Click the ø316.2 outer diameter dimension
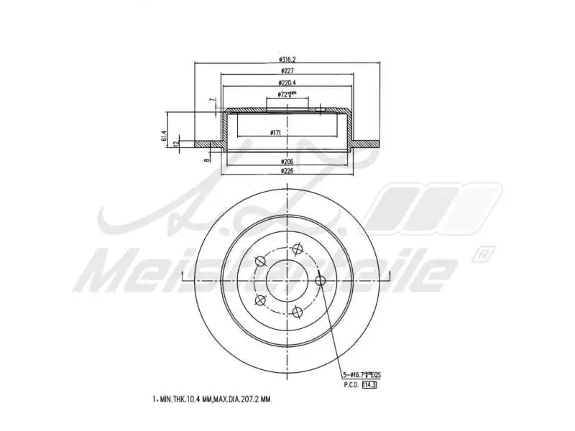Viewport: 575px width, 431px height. click(x=287, y=59)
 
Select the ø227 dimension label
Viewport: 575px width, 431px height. click(x=287, y=71)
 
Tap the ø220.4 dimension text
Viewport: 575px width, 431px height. click(x=287, y=83)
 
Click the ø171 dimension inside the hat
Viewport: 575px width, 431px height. click(x=275, y=134)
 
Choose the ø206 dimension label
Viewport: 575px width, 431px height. click(x=287, y=162)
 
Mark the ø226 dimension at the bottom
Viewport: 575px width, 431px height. click(x=287, y=171)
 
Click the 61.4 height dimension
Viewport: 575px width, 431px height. click(x=164, y=135)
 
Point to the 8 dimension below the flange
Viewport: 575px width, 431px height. click(x=206, y=161)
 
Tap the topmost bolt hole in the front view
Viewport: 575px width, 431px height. click(x=295, y=250)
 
